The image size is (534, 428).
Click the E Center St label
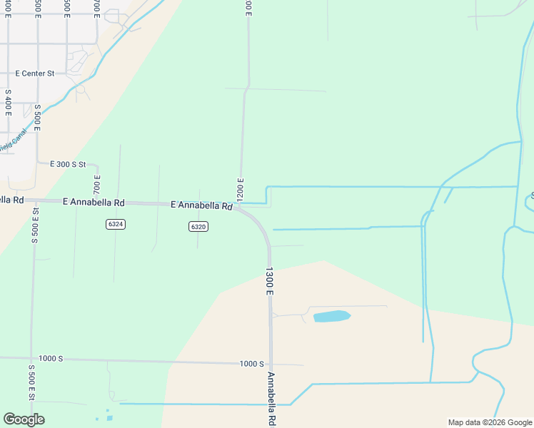[x=35, y=73]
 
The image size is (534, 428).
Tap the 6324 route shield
[x=115, y=224]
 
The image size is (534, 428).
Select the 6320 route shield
[x=198, y=227]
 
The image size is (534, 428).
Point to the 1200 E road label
[x=241, y=189]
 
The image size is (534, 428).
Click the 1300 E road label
[x=270, y=281]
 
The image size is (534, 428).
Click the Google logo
[x=24, y=419]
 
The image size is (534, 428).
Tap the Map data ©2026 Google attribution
[x=490, y=422]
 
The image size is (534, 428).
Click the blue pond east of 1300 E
[x=332, y=316]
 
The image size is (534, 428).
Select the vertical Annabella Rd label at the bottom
[x=271, y=398]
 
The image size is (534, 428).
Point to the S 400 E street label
[x=8, y=103]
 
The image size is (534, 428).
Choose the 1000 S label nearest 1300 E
[x=251, y=364]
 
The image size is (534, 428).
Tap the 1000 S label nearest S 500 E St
[x=51, y=358]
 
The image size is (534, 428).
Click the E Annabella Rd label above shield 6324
[x=94, y=203]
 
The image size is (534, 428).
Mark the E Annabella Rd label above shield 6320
[x=202, y=205]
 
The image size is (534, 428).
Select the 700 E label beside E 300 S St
[x=97, y=185]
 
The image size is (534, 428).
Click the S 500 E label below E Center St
[x=36, y=118]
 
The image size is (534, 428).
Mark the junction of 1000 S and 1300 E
[x=270, y=365]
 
